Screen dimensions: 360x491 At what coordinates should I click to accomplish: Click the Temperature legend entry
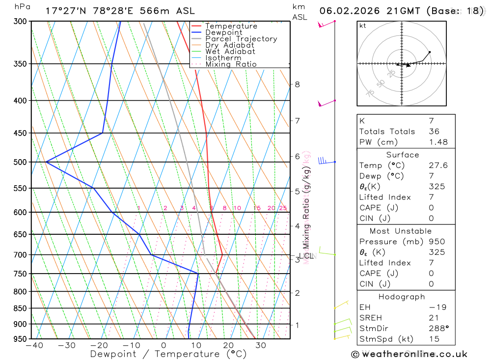click(x=231, y=26)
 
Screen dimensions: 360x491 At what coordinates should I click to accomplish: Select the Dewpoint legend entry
click(x=223, y=32)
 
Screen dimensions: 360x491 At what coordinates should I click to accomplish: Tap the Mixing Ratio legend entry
click(x=231, y=64)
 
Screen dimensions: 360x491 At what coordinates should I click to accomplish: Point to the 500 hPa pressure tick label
click(x=20, y=162)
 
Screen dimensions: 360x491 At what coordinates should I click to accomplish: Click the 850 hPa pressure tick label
click(x=20, y=308)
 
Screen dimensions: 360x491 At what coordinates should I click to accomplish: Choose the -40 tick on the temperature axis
click(x=34, y=345)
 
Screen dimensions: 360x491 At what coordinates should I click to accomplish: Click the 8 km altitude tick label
click(x=297, y=84)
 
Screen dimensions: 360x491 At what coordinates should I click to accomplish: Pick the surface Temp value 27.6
click(x=438, y=166)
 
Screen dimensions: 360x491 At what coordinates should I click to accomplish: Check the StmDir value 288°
click(x=438, y=329)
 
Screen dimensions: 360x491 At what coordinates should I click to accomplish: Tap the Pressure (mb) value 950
click(x=436, y=242)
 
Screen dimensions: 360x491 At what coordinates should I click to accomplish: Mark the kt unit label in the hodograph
click(x=363, y=26)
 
